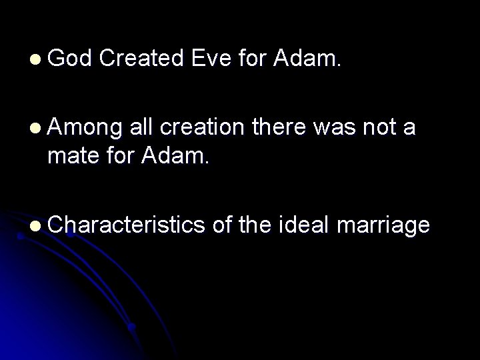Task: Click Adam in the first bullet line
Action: pyautogui.click(x=307, y=60)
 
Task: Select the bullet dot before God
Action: pyautogui.click(x=34, y=61)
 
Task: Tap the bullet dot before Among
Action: pyautogui.click(x=34, y=128)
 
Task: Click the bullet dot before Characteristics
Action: pyautogui.click(x=34, y=227)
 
